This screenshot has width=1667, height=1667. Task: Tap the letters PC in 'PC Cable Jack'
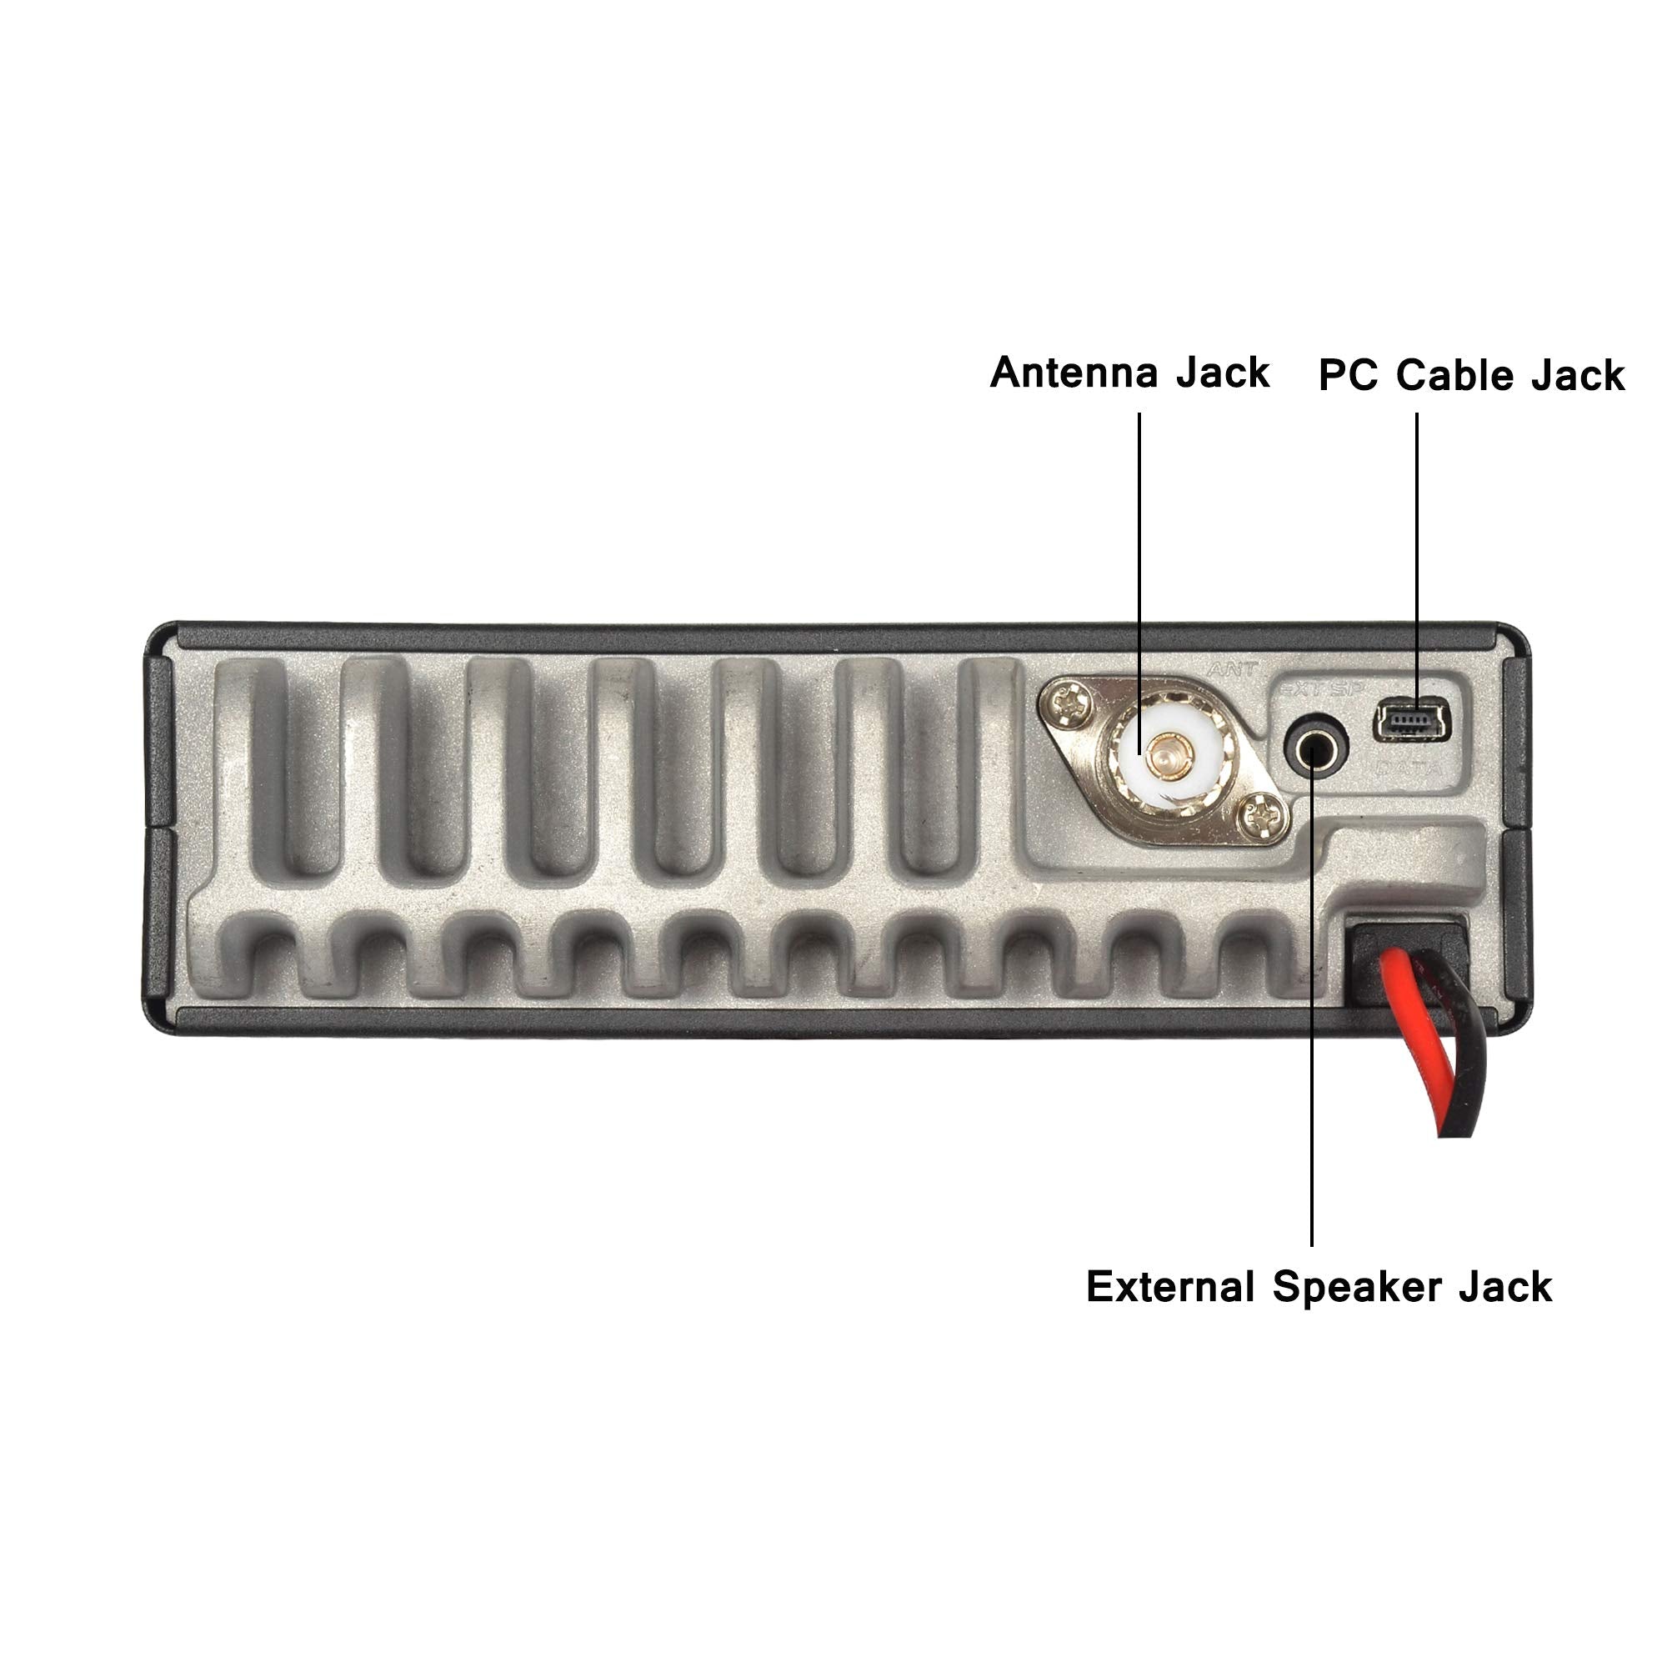coord(1348,377)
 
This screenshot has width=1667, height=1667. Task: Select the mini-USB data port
coord(1413,718)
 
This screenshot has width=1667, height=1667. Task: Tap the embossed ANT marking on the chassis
coord(1233,668)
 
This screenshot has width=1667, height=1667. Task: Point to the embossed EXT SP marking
coord(1315,688)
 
